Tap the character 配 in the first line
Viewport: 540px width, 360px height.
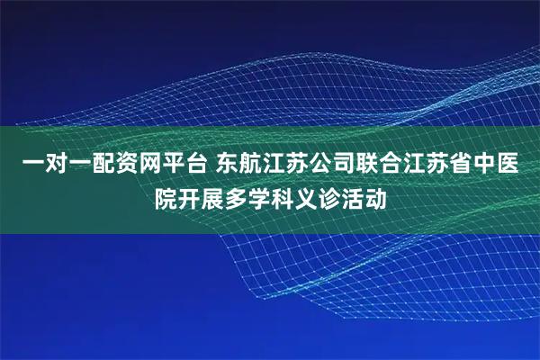(x=103, y=165)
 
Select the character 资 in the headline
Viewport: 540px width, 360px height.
(x=130, y=165)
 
